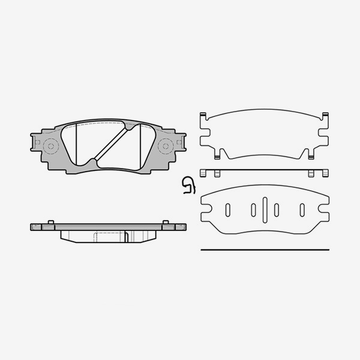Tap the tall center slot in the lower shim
pyautogui.click(x=265, y=209)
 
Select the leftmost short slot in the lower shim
pyautogui.click(x=228, y=209)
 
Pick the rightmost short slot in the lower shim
pyautogui.click(x=302, y=209)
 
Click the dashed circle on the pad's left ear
pyautogui.click(x=50, y=145)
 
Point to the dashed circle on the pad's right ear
pyautogui.click(x=164, y=145)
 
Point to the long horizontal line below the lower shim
pyautogui.click(x=265, y=249)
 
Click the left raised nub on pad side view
pyautogui.click(x=50, y=223)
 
